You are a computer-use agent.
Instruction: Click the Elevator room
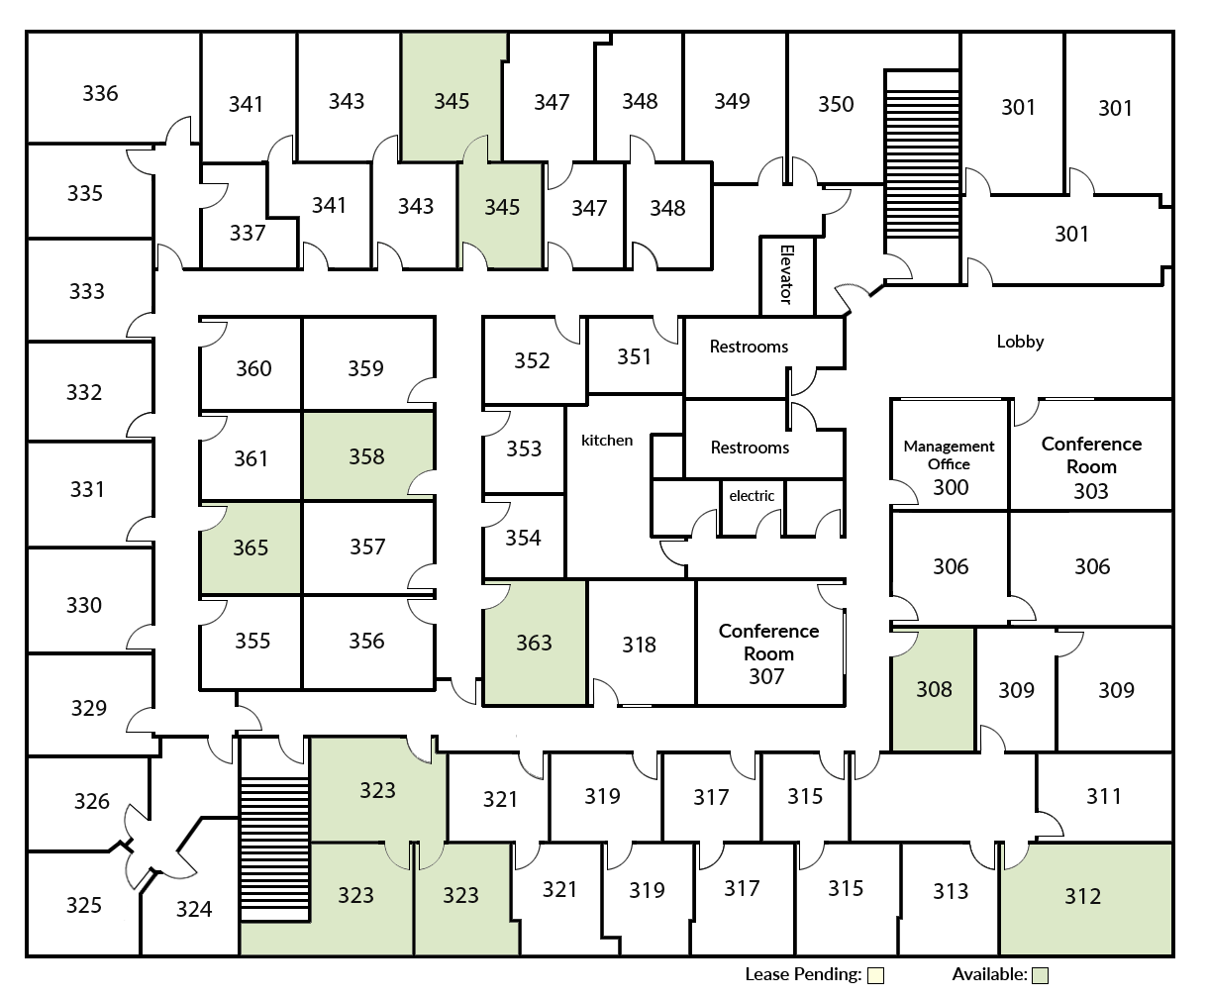pyautogui.click(x=787, y=275)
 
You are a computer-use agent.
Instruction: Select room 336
pyautogui.click(x=101, y=93)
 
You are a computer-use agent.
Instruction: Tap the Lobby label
pyautogui.click(x=1020, y=342)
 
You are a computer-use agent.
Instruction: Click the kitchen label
pyautogui.click(x=607, y=440)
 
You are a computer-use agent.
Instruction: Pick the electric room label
pyautogui.click(x=752, y=496)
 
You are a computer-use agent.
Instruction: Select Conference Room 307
pyautogui.click(x=768, y=653)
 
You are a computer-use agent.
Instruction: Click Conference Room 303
pyautogui.click(x=1091, y=466)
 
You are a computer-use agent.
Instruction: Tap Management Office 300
pyautogui.click(x=950, y=466)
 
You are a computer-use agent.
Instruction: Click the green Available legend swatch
pyautogui.click(x=1040, y=976)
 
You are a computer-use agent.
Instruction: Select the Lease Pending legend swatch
pyautogui.click(x=875, y=976)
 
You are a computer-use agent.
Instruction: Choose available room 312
pyautogui.click(x=1083, y=896)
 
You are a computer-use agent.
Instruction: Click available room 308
pyautogui.click(x=934, y=689)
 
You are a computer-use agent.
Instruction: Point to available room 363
pyautogui.click(x=534, y=644)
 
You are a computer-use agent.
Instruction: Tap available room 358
pyautogui.click(x=366, y=456)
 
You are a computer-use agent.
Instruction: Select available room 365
pyautogui.click(x=251, y=548)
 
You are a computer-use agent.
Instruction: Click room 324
pyautogui.click(x=193, y=909)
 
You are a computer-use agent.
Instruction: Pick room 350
pyautogui.click(x=836, y=104)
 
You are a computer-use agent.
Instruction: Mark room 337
pyautogui.click(x=248, y=233)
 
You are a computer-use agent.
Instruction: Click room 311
pyautogui.click(x=1104, y=796)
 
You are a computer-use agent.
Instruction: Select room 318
pyautogui.click(x=640, y=645)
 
